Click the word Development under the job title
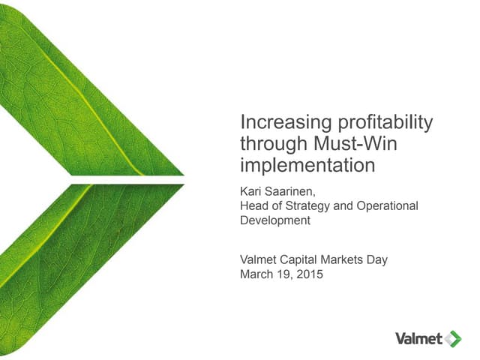coord(274,220)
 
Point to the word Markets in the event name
coord(344,260)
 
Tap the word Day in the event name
coord(378,260)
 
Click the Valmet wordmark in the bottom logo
coord(418,338)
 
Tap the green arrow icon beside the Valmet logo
coord(453,338)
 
